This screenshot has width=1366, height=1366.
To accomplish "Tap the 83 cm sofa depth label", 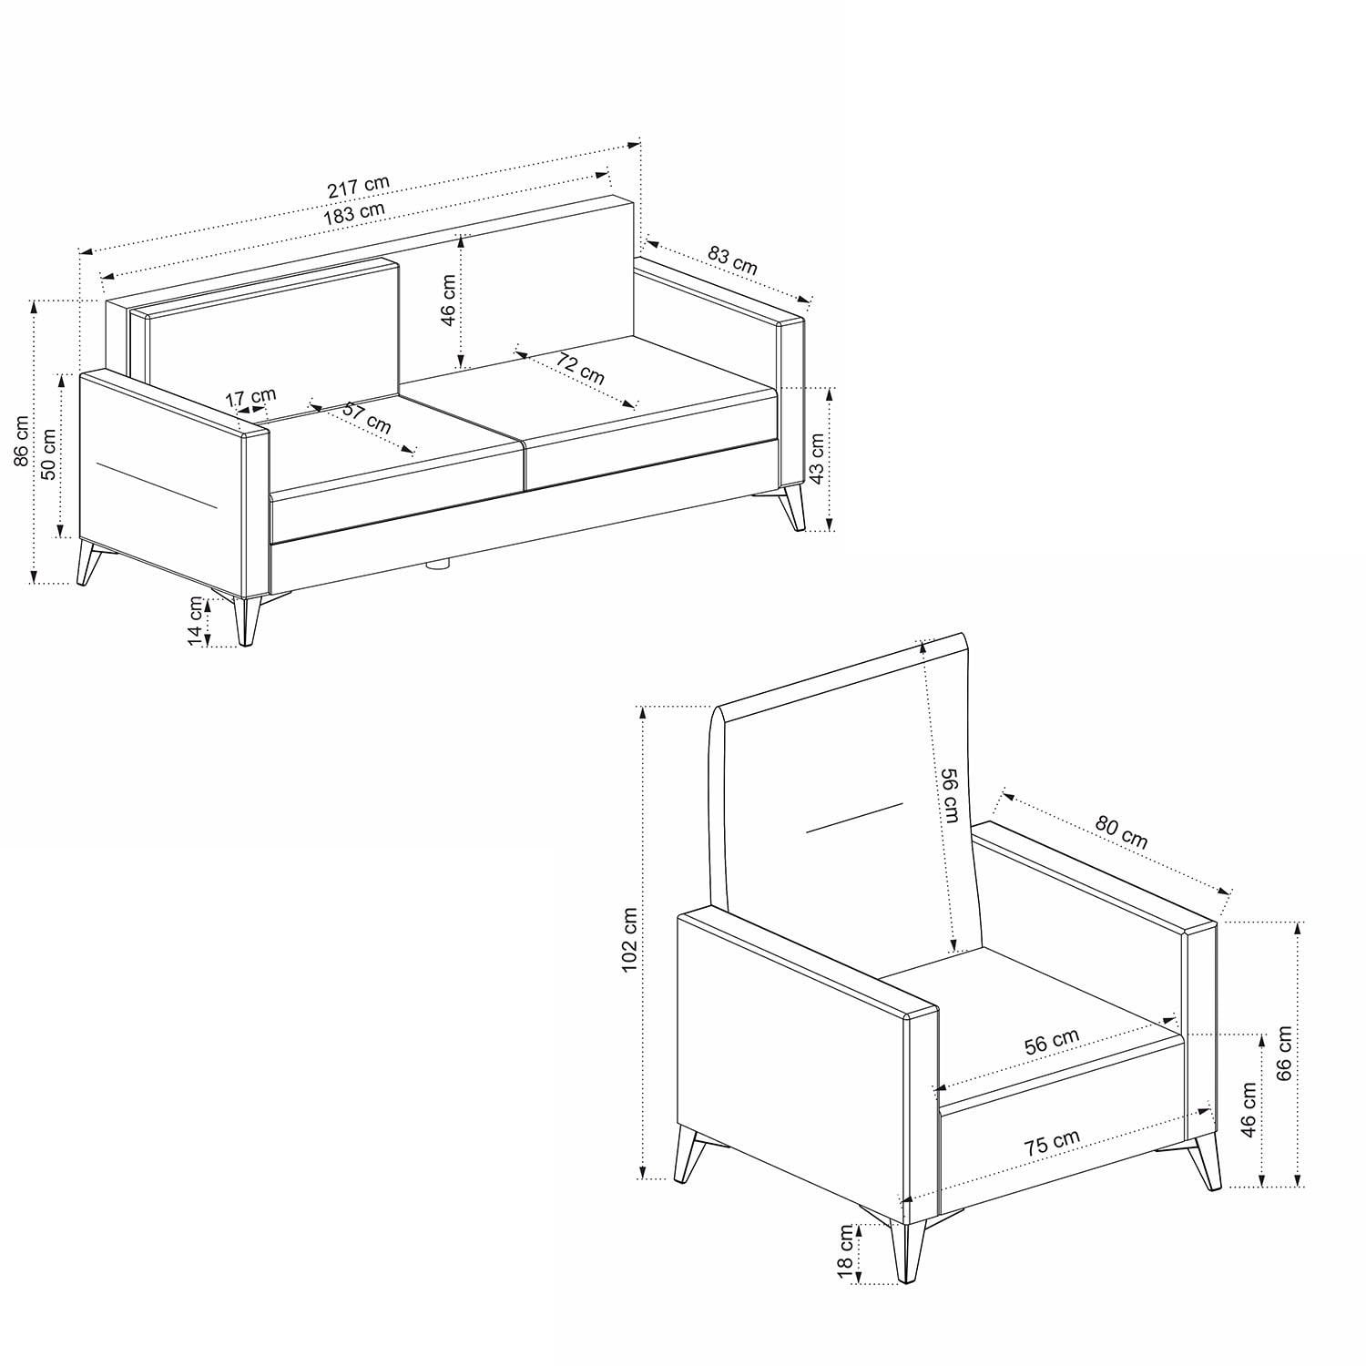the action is pos(732,260).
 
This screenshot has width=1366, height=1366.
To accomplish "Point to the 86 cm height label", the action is pos(21,441).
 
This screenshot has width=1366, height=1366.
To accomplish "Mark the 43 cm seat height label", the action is pos(816,458).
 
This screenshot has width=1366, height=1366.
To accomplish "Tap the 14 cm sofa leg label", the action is pos(196,621).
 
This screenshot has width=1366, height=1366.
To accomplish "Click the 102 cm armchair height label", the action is pos(628,939).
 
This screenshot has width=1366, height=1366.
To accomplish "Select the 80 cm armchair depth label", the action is pos(1121,831).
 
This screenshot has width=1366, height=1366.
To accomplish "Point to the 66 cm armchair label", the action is pos(1284,1053).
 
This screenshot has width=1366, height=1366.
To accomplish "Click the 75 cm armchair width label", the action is pos(1052,1142).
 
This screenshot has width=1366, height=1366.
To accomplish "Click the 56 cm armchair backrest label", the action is pos(950,795).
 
